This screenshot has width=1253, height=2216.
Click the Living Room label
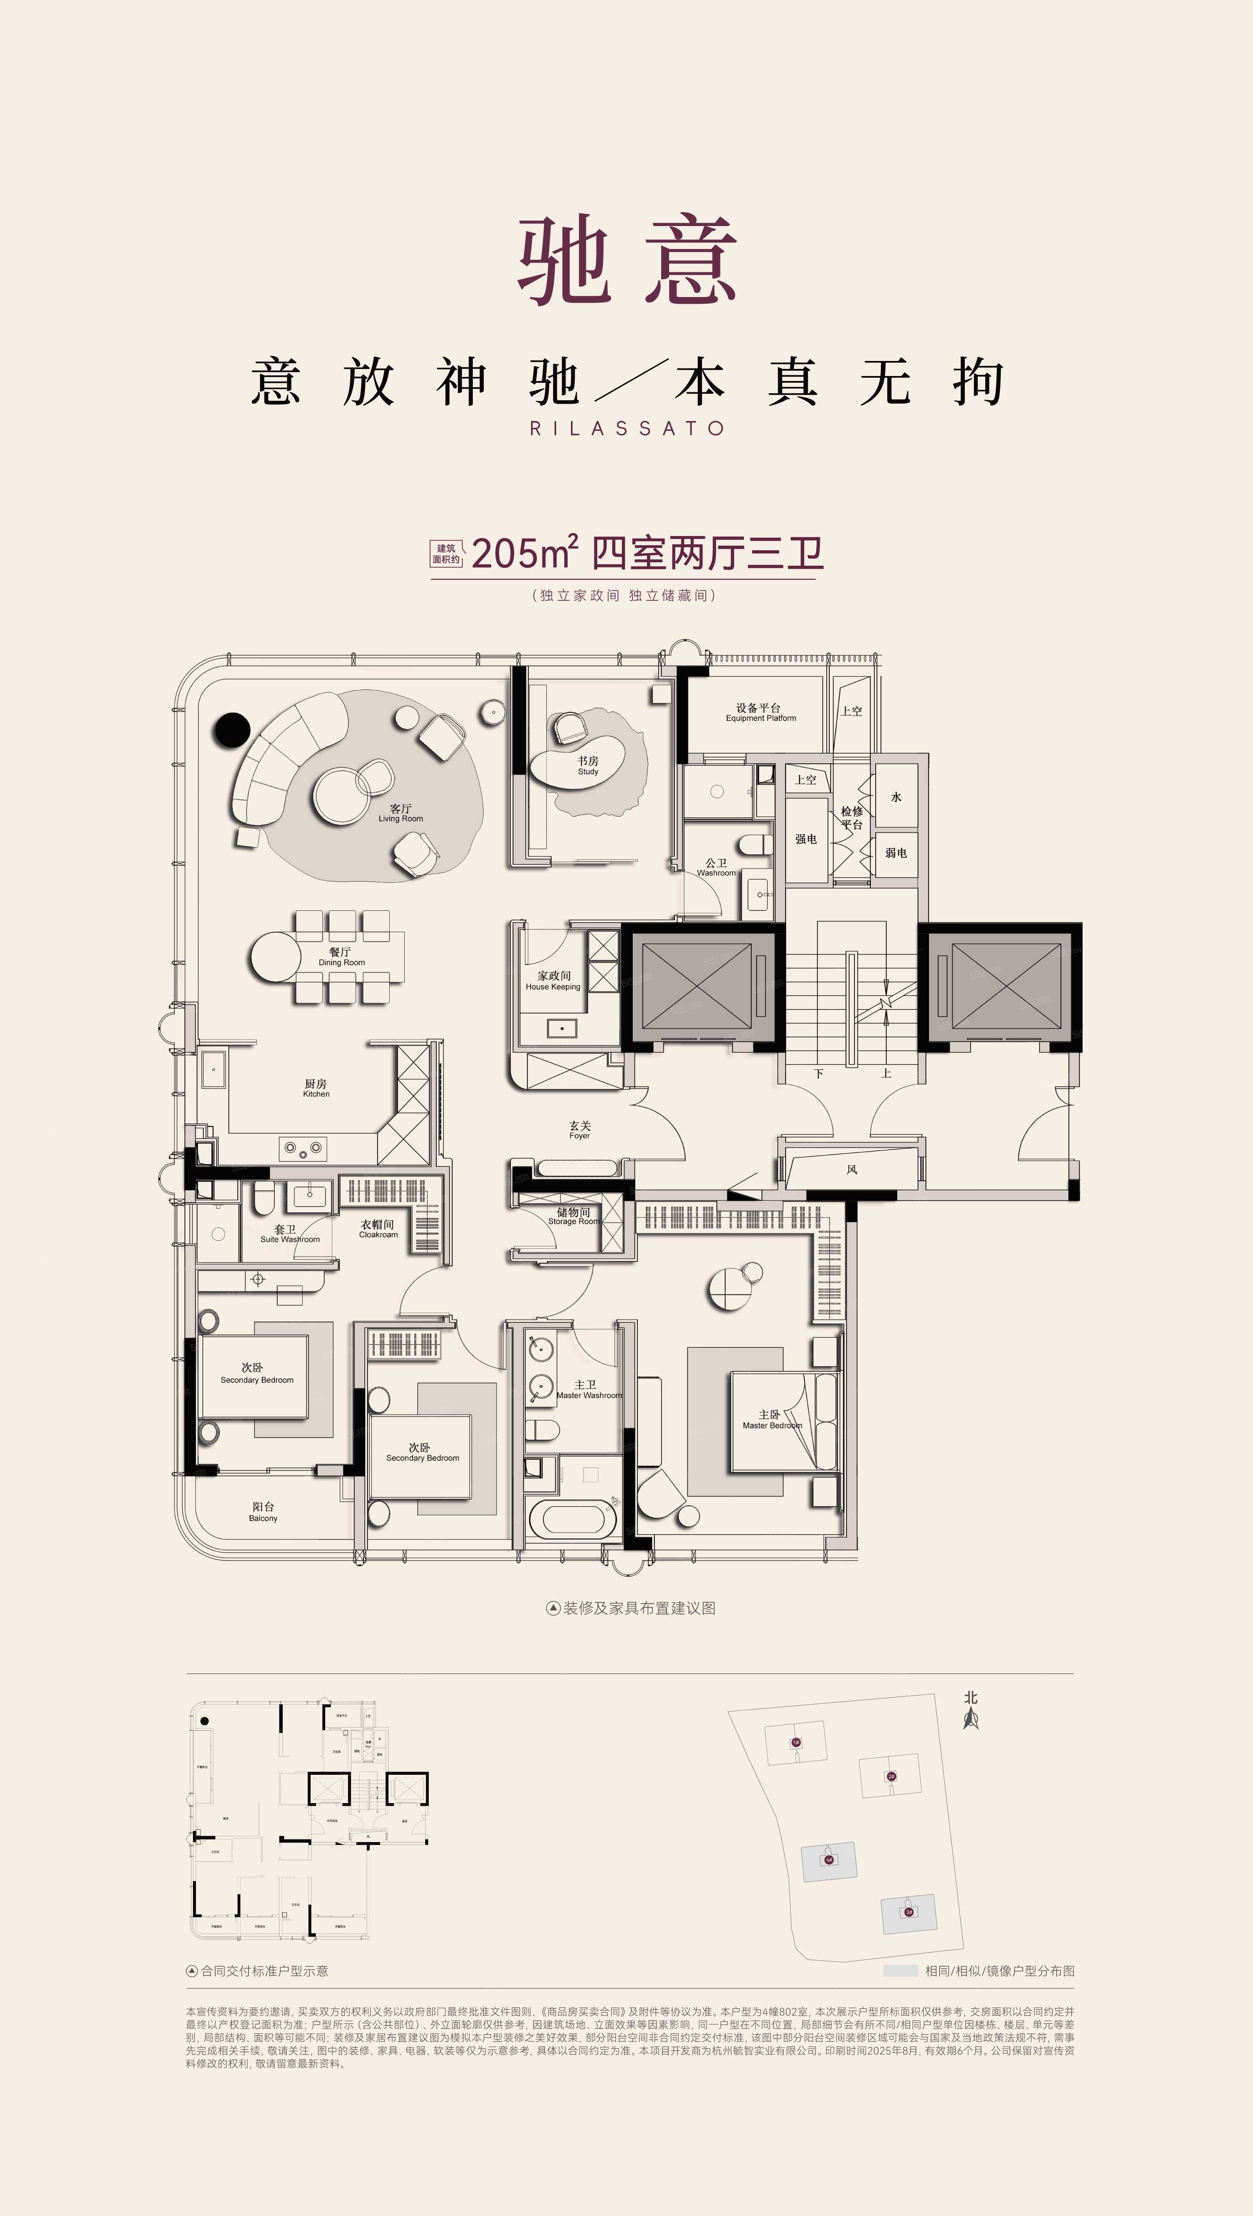click(x=400, y=813)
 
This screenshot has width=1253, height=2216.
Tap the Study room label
click(x=588, y=765)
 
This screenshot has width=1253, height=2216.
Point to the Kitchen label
click(x=316, y=1088)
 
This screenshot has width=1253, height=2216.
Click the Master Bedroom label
click(x=771, y=1419)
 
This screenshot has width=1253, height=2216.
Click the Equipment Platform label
click(x=760, y=713)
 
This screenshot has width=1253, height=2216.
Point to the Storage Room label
click(x=573, y=1216)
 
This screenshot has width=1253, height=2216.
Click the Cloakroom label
click(x=378, y=1228)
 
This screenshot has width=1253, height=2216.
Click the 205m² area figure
click(x=524, y=553)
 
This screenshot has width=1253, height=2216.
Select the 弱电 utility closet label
click(x=896, y=853)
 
